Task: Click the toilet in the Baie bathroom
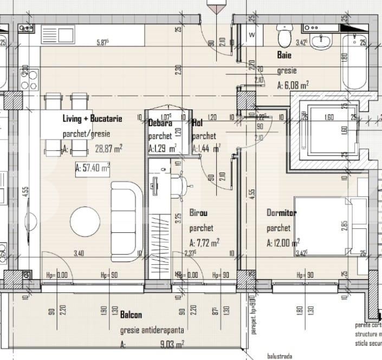pos(283,38)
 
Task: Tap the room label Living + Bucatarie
pos(92,119)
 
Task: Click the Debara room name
pos(160,123)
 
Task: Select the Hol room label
pos(197,123)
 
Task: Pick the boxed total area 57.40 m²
pos(93,169)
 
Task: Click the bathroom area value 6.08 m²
pos(293,84)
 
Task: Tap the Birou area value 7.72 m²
pos(204,243)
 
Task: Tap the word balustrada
pos(279,356)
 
